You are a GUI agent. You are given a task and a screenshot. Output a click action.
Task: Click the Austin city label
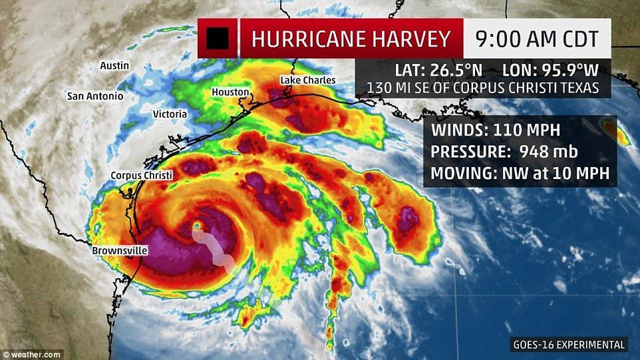coord(114,66)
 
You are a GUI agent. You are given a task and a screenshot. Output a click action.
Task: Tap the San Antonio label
coord(95,96)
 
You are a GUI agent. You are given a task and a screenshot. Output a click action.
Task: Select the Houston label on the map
coord(230,92)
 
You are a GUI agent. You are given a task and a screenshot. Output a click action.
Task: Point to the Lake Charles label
coord(307,81)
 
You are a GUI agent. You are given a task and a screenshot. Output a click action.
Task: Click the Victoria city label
coord(170,114)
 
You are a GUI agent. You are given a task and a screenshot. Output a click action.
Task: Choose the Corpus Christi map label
coord(141,175)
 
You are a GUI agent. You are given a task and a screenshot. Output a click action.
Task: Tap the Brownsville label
coord(120,251)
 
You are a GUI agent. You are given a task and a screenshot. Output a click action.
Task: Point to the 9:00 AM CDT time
coord(536,39)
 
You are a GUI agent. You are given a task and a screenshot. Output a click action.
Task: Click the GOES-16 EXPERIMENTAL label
coord(569,345)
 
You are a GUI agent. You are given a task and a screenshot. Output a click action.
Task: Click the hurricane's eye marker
coord(196,227)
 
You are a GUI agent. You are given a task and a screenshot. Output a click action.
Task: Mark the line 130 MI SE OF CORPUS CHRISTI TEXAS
coord(482,88)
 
